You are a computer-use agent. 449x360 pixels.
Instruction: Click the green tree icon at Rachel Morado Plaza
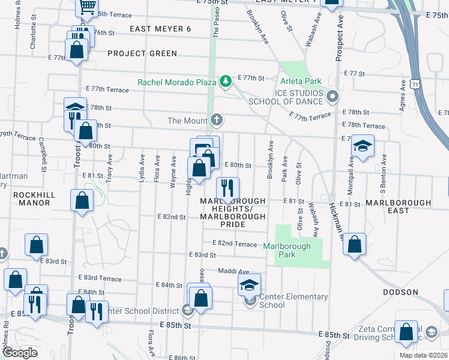point(225,80)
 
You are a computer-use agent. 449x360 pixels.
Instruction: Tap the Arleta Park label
point(300,81)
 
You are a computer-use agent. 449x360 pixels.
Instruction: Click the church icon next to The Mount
point(217,121)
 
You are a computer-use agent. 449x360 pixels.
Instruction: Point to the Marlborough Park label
point(287,246)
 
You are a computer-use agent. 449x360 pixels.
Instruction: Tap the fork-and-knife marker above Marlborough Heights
point(228,188)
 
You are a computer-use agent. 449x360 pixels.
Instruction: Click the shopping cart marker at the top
point(88,6)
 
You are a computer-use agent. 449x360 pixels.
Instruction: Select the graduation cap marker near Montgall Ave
point(363,146)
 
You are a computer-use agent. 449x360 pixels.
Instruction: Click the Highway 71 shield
point(415,86)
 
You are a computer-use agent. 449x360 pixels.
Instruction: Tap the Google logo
point(20,353)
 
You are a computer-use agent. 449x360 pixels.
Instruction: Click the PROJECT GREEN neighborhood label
point(142,53)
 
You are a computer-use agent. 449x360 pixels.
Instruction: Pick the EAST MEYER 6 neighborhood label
point(155,29)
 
